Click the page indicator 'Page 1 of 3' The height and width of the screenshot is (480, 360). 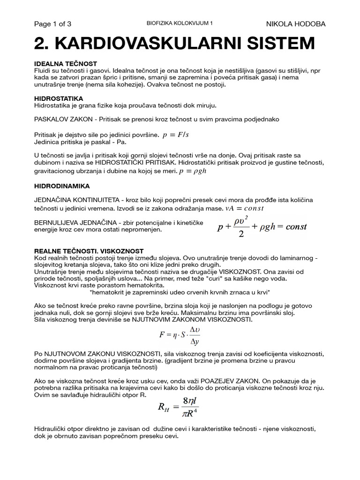(53, 24)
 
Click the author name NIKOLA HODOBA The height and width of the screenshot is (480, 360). (296, 24)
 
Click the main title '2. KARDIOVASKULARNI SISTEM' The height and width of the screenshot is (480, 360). (174, 44)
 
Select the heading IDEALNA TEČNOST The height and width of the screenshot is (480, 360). (66, 63)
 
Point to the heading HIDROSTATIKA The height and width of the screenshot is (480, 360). (59, 99)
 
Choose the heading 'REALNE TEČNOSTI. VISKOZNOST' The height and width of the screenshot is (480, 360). (89, 251)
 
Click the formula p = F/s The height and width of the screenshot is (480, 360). (175, 135)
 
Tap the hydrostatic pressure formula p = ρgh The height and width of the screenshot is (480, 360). (192, 171)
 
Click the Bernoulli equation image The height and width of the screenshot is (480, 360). (262, 227)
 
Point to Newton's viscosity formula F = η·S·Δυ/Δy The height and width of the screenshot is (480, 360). (180, 336)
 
